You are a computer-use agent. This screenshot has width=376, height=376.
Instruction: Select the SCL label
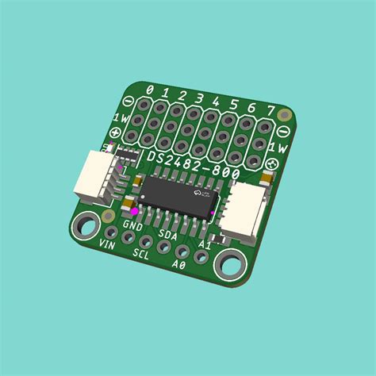pyautogui.click(x=141, y=255)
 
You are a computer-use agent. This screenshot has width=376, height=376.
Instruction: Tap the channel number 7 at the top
pyautogui.click(x=270, y=110)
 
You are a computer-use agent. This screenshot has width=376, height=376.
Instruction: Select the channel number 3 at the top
pyautogui.click(x=200, y=99)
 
